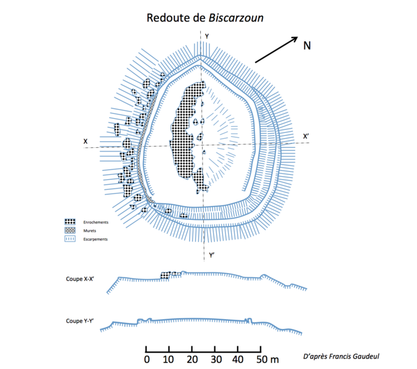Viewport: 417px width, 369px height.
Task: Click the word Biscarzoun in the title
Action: pyautogui.click(x=237, y=18)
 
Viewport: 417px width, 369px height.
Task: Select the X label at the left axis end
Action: pyautogui.click(x=86, y=142)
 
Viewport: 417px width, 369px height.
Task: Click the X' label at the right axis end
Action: pyautogui.click(x=305, y=136)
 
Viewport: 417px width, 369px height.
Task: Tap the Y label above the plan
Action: pyautogui.click(x=207, y=36)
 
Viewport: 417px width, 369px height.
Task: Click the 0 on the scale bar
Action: pyautogui.click(x=147, y=359)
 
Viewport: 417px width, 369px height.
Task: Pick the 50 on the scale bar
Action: pyautogui.click(x=261, y=359)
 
